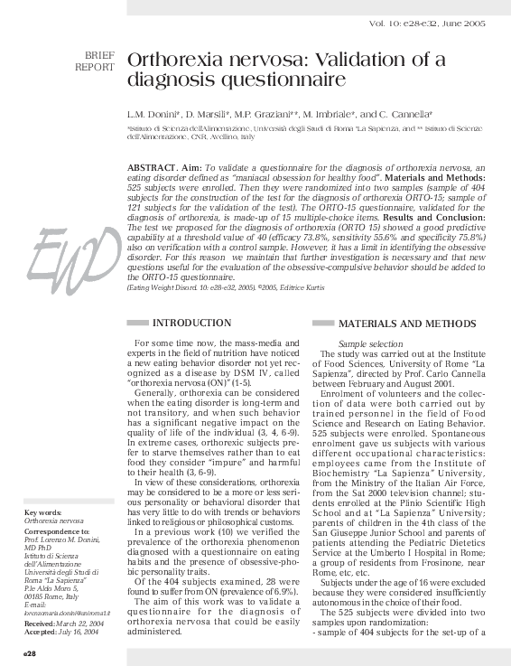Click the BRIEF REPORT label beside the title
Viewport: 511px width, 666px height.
coord(95,61)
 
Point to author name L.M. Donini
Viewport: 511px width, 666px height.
coord(155,115)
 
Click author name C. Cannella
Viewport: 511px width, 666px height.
coord(407,115)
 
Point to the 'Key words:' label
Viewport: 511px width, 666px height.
coord(43,513)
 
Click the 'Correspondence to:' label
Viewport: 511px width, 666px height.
coord(56,532)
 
